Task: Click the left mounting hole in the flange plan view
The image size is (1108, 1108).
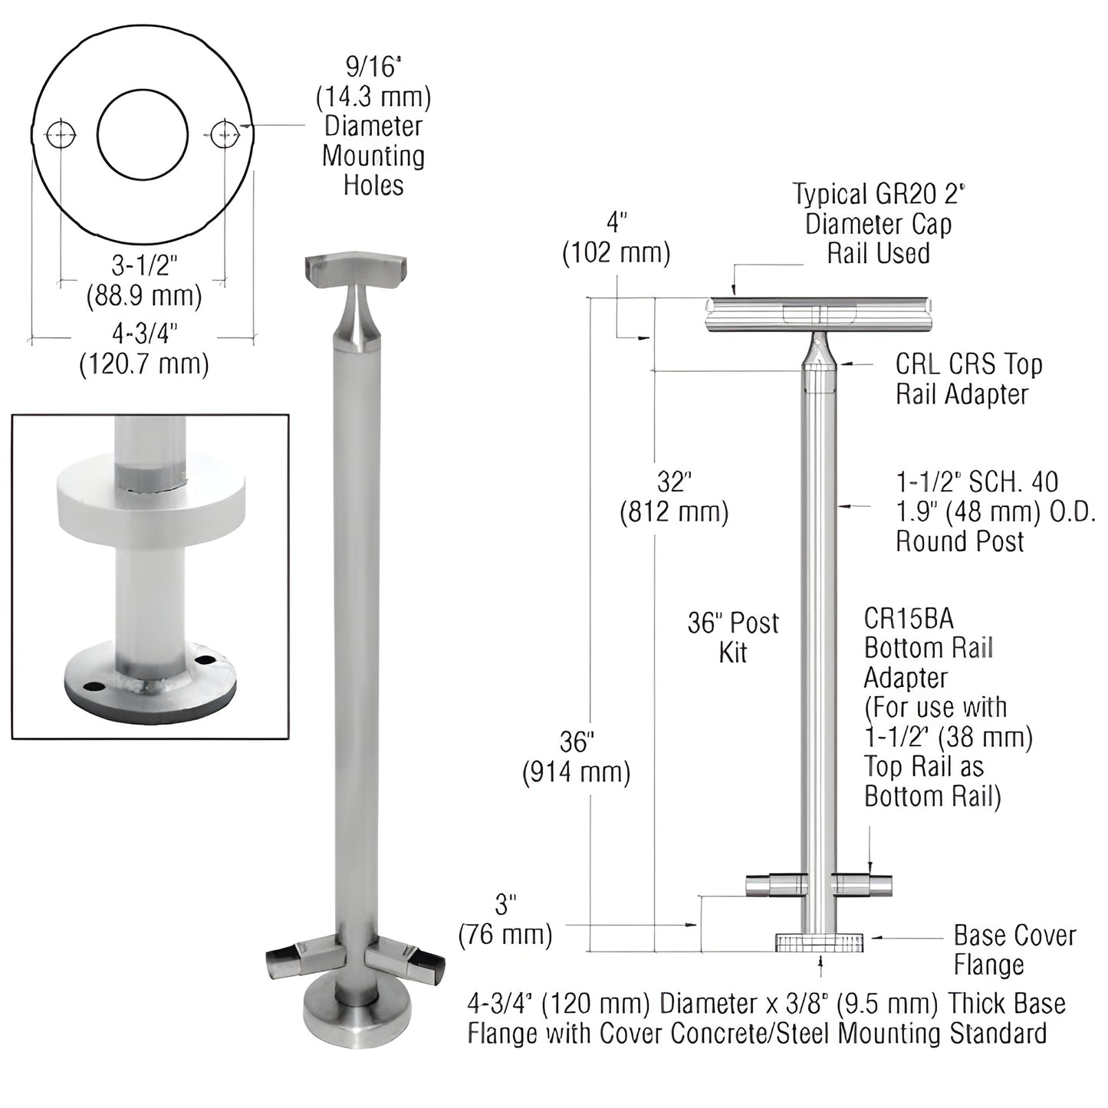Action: [x=61, y=135]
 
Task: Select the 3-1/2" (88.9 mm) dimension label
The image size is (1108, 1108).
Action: [x=144, y=281]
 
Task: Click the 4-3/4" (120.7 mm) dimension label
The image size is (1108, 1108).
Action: [x=144, y=348]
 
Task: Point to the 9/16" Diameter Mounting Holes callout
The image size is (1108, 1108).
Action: [x=373, y=127]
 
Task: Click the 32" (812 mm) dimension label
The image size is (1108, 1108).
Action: [x=674, y=496]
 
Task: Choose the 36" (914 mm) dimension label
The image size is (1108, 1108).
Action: [x=577, y=757]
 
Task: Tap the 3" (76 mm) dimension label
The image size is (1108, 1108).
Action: [x=505, y=919]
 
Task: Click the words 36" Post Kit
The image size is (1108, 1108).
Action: [x=733, y=637]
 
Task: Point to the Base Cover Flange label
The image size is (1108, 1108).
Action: [x=1014, y=949]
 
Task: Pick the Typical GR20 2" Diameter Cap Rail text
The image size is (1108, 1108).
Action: [x=878, y=223]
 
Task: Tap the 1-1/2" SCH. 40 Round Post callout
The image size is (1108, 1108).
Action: [x=996, y=511]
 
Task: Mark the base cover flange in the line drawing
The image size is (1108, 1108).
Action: [x=819, y=942]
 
